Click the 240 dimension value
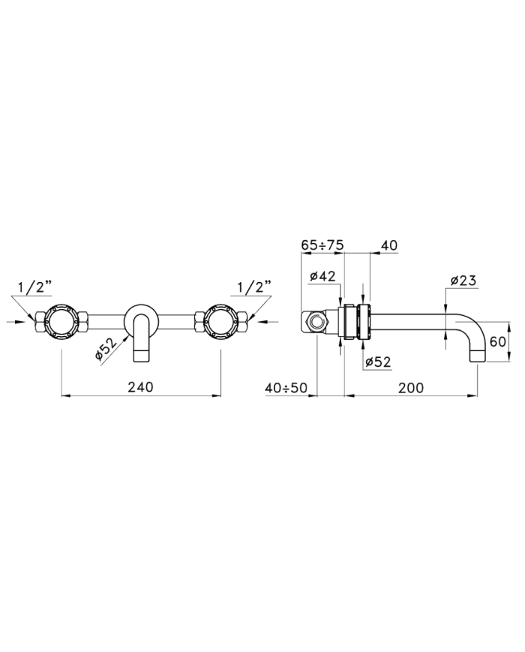pyautogui.click(x=140, y=387)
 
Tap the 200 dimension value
pyautogui.click(x=411, y=388)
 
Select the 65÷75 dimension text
pyautogui.click(x=322, y=245)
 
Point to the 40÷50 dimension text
pyautogui.click(x=286, y=388)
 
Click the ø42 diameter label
pyautogui.click(x=322, y=276)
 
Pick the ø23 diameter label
pyautogui.click(x=463, y=281)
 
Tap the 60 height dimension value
pyautogui.click(x=497, y=341)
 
